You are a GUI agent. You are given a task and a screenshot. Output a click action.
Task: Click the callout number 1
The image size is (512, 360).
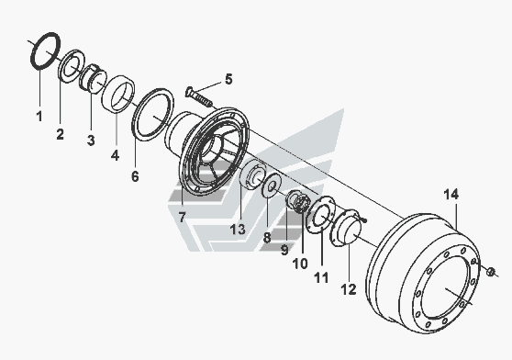(x=39, y=116)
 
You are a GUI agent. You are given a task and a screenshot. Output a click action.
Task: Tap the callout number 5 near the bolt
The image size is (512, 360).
(x=228, y=79)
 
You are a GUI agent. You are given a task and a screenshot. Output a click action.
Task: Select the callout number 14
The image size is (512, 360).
(x=451, y=195)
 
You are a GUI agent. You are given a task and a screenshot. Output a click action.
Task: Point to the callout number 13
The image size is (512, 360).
(x=238, y=229)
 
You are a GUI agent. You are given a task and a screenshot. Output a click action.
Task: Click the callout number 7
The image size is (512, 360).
(x=182, y=217)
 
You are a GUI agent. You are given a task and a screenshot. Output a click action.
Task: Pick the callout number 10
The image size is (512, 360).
(x=300, y=264)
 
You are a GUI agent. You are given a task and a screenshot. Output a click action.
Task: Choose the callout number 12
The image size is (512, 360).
(x=349, y=289)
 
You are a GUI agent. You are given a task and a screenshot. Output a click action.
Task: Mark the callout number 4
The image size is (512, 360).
(x=115, y=155)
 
